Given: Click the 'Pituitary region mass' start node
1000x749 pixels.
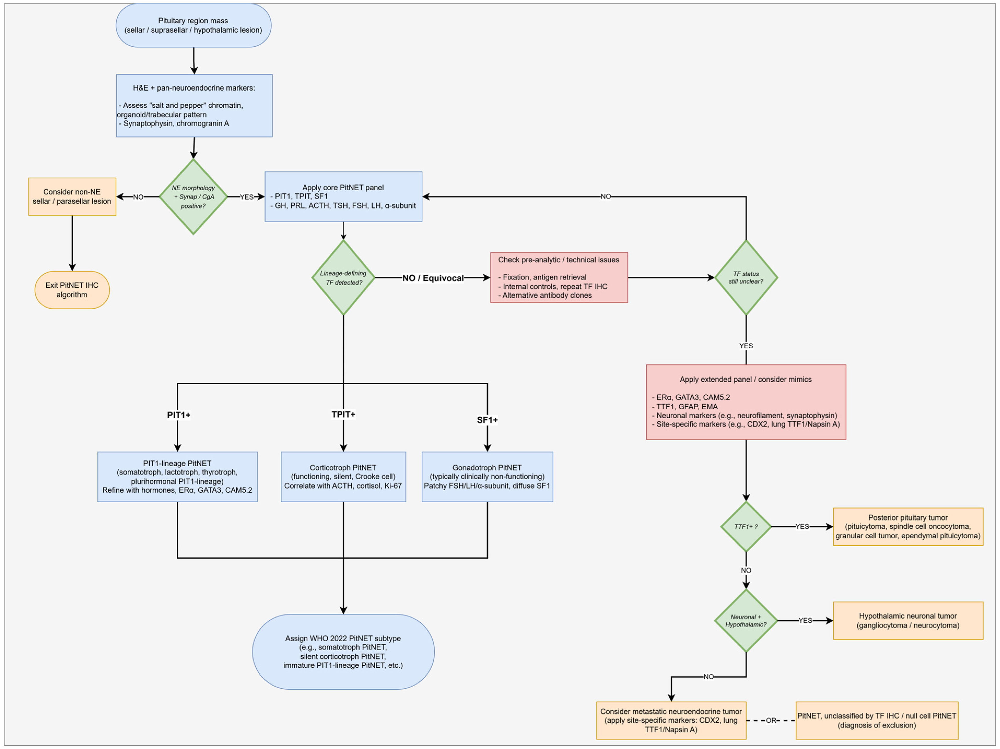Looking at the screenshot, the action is coord(193,25).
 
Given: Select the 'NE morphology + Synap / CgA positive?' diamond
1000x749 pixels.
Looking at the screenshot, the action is coord(193,197).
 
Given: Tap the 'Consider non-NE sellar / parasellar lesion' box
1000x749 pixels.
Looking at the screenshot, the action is coord(72,197).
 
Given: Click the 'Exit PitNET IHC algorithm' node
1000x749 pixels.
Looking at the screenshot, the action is coord(72,290).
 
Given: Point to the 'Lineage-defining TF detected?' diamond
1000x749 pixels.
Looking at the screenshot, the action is coord(344,278).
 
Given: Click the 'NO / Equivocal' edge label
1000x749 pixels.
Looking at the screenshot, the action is coord(433,278).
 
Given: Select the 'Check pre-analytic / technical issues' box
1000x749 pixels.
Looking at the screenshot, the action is coord(559,278).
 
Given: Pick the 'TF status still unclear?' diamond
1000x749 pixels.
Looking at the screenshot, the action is coord(746,278).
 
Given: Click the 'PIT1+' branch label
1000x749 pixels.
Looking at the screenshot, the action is coord(179,415).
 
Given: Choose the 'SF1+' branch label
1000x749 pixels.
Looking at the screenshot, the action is coord(487,420).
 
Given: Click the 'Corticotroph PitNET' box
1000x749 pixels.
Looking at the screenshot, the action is coord(344,477).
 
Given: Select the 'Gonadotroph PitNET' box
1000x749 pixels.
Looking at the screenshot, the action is coord(487,477).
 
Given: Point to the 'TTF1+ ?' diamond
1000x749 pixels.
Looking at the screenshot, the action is coord(746,527).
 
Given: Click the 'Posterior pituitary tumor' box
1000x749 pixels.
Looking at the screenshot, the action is coord(908,527).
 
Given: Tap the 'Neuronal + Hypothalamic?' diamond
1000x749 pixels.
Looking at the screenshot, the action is coord(746,621).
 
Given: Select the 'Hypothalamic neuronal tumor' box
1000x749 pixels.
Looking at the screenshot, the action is coord(908,621).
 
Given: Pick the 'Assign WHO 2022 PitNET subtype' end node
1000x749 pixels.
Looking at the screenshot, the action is coord(344,652).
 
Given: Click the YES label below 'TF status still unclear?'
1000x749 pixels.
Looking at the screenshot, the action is coord(746,346).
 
